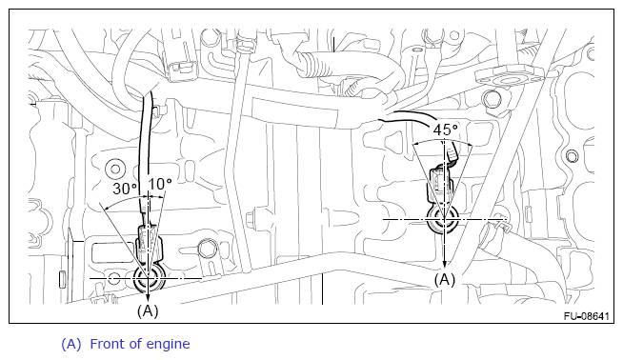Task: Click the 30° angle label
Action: (x=125, y=188)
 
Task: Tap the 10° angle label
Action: (x=160, y=184)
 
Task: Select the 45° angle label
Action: (x=445, y=130)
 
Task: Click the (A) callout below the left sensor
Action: (x=148, y=310)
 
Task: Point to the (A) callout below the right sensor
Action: (x=444, y=280)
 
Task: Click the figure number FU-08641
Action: (x=586, y=316)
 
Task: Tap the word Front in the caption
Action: (x=111, y=344)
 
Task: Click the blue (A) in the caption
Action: (x=71, y=344)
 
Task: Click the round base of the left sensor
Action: (x=150, y=278)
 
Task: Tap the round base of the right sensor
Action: (x=443, y=219)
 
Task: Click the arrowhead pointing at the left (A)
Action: (x=148, y=297)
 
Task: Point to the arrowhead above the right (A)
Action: (x=445, y=264)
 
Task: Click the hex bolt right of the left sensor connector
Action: (x=206, y=249)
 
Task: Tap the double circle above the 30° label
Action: (x=115, y=169)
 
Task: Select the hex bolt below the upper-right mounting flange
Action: (x=492, y=99)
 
